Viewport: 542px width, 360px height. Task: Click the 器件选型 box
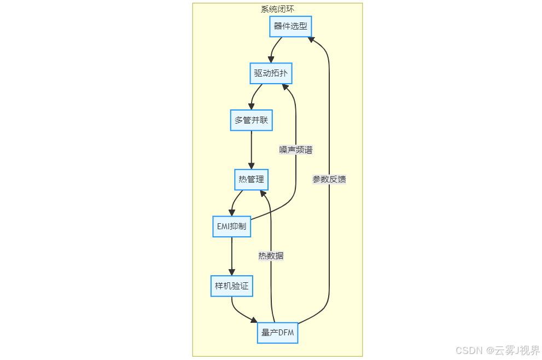(x=290, y=26)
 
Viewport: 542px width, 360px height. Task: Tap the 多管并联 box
(x=251, y=120)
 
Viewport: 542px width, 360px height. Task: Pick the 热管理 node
(x=251, y=179)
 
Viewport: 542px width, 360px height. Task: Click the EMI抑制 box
(x=231, y=227)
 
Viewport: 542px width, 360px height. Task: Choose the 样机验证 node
(x=231, y=286)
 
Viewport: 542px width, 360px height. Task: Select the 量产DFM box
(x=278, y=333)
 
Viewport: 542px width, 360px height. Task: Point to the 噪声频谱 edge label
(x=296, y=150)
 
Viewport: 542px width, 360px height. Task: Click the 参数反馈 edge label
(x=329, y=179)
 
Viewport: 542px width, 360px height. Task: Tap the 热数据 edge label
(x=271, y=256)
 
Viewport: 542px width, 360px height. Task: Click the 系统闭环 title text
(x=277, y=9)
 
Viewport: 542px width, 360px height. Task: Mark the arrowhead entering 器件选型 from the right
(x=310, y=39)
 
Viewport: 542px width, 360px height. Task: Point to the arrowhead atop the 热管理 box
(x=251, y=165)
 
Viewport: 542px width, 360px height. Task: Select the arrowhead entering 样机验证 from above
(x=231, y=272)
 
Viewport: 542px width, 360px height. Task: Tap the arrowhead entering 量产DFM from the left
(x=254, y=321)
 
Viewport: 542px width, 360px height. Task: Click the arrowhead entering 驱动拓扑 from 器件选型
(x=271, y=59)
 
